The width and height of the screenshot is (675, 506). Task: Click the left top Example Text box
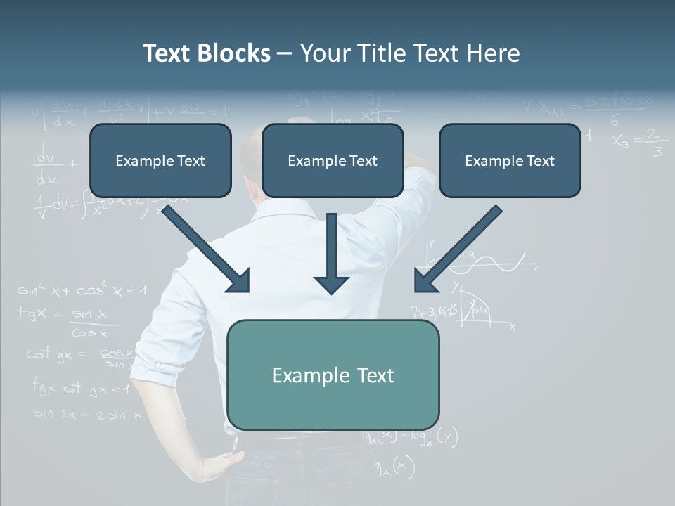coord(160,161)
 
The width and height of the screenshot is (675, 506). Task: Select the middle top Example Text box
coord(333,161)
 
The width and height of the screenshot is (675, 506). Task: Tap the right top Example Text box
coord(510,161)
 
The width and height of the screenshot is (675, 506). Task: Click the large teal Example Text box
coord(333,375)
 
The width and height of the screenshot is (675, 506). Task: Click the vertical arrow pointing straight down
coord(331,253)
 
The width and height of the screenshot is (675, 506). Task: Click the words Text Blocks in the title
coord(206,53)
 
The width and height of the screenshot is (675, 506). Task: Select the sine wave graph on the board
coord(492,263)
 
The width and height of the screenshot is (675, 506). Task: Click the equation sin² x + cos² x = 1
coord(82,290)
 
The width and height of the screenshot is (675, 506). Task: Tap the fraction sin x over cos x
coord(89,323)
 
